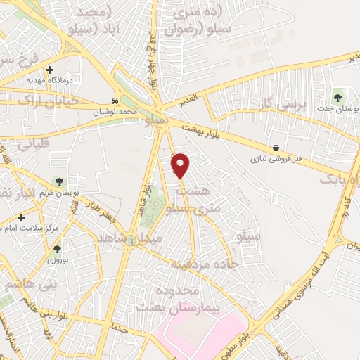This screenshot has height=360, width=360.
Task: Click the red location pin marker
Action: [181, 165]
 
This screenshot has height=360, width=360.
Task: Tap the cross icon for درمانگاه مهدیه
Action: [49, 70]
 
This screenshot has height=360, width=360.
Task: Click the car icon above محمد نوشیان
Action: [115, 100]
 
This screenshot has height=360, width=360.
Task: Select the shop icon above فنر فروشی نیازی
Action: [276, 148]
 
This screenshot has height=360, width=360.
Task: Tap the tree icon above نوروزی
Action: [57, 248]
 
